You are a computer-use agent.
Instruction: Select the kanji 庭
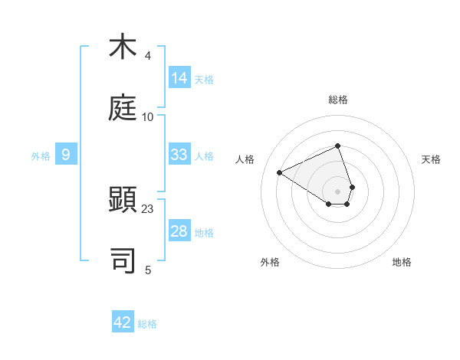click(x=123, y=108)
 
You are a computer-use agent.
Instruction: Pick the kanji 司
click(x=123, y=261)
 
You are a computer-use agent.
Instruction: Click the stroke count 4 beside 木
click(x=147, y=56)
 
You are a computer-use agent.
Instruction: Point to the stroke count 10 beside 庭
click(x=147, y=116)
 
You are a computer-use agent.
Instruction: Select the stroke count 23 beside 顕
click(x=147, y=209)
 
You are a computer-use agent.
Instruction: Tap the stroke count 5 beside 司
click(x=147, y=270)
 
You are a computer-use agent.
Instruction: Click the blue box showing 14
click(x=179, y=78)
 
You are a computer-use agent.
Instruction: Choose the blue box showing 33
click(x=179, y=155)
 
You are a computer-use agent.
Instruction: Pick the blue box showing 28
click(x=179, y=231)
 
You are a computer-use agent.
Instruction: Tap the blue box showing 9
click(x=66, y=155)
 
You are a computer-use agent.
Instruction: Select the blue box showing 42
click(x=123, y=322)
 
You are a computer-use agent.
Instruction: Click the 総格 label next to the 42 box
click(x=147, y=324)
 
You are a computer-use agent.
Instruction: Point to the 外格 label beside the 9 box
click(x=41, y=156)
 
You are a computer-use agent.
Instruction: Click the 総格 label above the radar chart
click(x=337, y=100)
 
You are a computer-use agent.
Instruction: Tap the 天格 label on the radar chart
click(x=431, y=159)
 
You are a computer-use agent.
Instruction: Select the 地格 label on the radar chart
click(x=402, y=262)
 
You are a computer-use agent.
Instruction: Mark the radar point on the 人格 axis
click(x=280, y=172)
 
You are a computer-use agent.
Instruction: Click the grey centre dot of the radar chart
click(x=337, y=191)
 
